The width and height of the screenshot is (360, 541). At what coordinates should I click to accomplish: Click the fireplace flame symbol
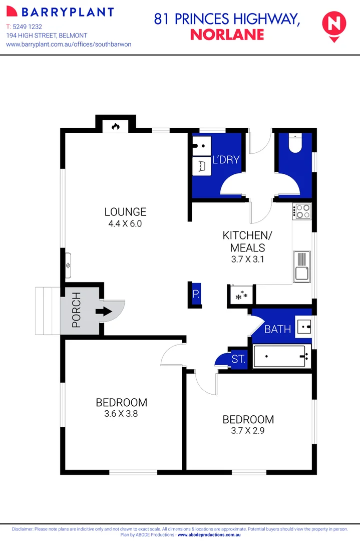click(x=116, y=127)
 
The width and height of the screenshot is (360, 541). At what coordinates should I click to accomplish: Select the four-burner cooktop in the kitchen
click(x=301, y=211)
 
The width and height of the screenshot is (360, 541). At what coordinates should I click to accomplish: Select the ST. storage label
click(x=238, y=359)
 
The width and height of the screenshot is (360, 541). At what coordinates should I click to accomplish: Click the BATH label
click(x=277, y=329)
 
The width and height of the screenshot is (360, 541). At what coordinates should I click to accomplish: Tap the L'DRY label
click(x=226, y=160)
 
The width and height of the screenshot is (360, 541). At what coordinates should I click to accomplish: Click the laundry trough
click(x=202, y=166)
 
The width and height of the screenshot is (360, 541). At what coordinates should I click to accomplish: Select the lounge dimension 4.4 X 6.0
click(x=125, y=224)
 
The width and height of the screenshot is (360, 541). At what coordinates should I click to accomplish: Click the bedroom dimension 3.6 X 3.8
click(x=121, y=414)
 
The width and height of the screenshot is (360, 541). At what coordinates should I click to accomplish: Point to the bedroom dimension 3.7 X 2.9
click(x=248, y=431)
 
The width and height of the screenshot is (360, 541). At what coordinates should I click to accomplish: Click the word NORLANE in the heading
click(x=227, y=35)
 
